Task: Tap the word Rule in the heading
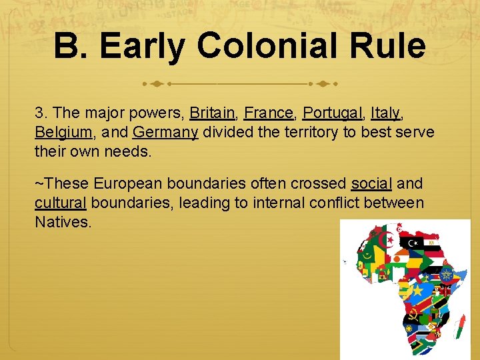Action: [x=393, y=46]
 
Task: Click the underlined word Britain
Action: [x=212, y=113]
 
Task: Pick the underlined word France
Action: [x=268, y=113]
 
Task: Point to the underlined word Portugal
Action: [x=331, y=113]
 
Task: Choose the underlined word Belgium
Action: [x=62, y=132]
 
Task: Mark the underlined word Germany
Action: [x=165, y=132]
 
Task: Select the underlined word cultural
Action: [x=60, y=203]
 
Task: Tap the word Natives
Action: [x=62, y=222]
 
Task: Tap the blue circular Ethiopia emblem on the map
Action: [x=446, y=274]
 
